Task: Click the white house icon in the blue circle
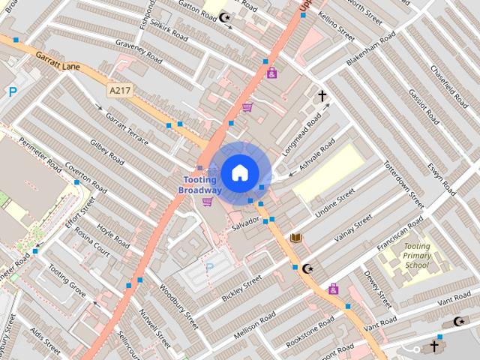(239, 172)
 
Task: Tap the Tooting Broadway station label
(199, 185)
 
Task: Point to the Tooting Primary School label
(416, 256)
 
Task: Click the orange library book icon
(296, 238)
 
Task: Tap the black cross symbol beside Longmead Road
(322, 96)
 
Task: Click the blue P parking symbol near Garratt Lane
(13, 92)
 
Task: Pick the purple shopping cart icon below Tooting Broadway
(207, 201)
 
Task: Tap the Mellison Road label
(255, 322)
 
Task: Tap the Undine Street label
(334, 203)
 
